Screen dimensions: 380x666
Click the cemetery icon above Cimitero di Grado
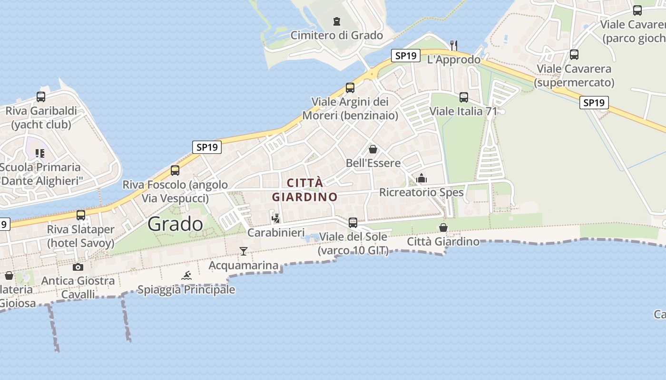pos(337,21)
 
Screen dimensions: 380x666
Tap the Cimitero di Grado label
pos(337,35)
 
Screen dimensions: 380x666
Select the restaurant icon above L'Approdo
pos(454,46)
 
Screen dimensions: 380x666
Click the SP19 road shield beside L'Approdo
pos(406,56)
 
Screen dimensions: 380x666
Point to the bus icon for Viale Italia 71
pos(464,97)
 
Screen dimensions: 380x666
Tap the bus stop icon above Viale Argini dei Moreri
pos(350,88)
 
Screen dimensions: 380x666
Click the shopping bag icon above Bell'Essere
pos(373,149)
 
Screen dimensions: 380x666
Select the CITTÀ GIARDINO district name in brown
pos(304,190)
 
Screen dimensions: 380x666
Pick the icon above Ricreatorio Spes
pos(421,179)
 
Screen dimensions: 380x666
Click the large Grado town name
pos(175,224)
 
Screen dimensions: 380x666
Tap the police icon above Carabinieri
pos(276,218)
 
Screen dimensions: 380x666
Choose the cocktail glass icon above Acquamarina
pos(244,251)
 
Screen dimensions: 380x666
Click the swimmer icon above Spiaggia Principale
pos(186,275)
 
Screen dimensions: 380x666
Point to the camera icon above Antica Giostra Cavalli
pos(78,267)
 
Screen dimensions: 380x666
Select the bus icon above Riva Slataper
pos(81,215)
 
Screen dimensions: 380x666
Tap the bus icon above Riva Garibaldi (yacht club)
pos(41,97)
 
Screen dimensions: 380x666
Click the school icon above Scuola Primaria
pos(40,153)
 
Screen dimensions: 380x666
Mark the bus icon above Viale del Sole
pos(353,222)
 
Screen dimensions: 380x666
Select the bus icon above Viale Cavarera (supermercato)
pos(574,55)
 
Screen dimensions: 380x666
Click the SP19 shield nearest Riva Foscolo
pos(207,147)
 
